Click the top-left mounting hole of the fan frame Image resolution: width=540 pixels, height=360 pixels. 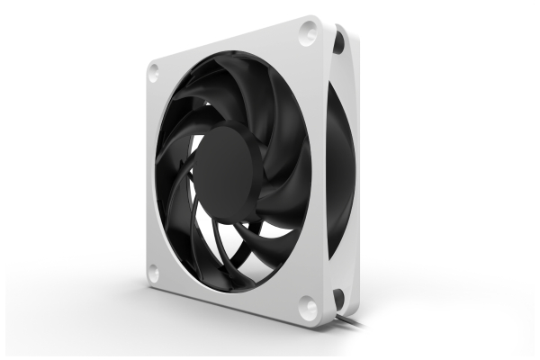(154, 69)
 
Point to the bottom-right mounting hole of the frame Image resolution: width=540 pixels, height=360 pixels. (307, 307)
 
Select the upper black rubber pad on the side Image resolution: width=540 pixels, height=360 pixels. (338, 40)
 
